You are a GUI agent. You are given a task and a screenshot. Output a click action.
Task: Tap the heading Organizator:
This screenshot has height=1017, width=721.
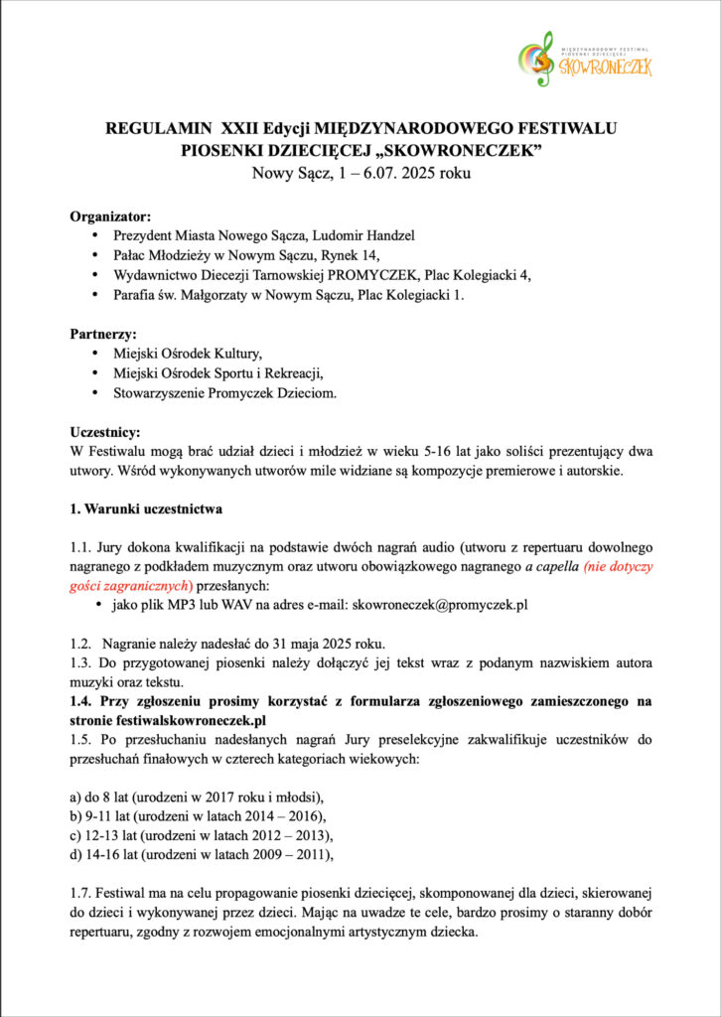(x=110, y=216)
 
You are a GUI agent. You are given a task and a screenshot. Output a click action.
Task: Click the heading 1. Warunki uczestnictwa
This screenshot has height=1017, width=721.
(x=146, y=508)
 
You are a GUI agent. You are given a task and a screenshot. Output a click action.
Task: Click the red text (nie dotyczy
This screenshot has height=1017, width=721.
(x=618, y=566)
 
